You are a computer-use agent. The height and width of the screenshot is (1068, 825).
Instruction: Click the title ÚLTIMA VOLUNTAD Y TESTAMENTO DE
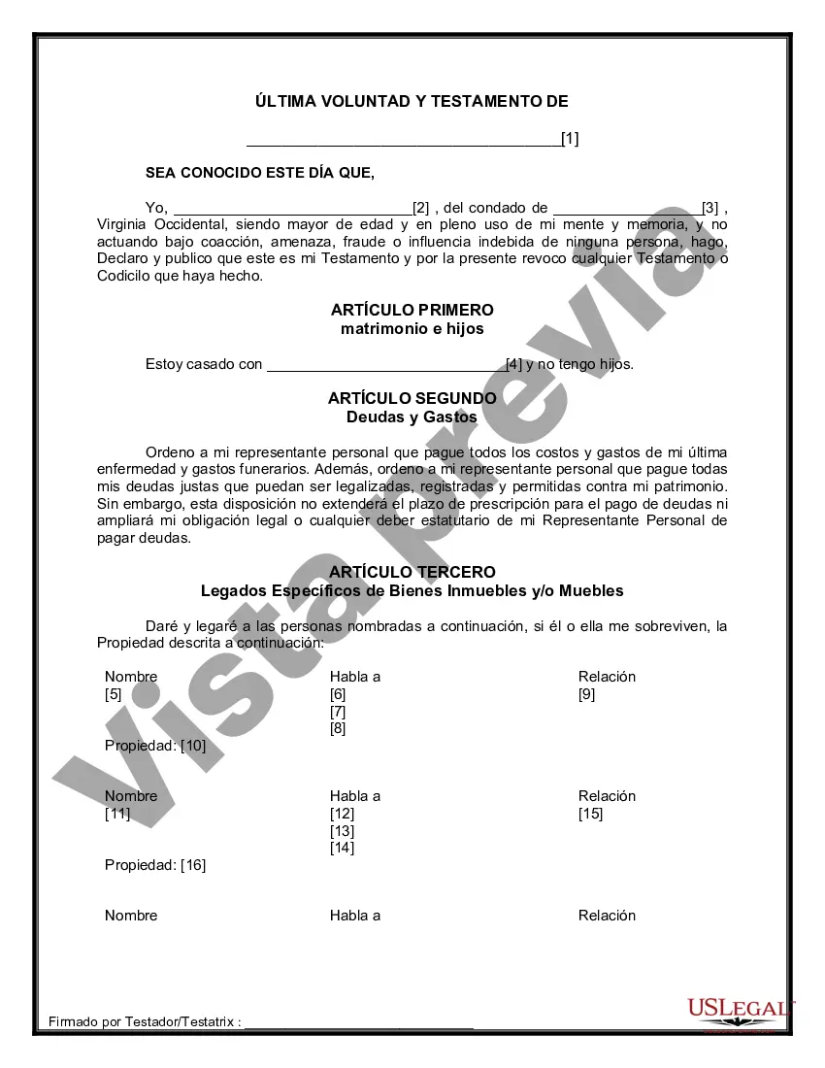pyautogui.click(x=412, y=101)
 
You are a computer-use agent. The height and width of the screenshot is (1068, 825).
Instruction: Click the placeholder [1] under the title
pyautogui.click(x=570, y=139)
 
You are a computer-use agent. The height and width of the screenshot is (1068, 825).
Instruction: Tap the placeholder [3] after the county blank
pyautogui.click(x=710, y=208)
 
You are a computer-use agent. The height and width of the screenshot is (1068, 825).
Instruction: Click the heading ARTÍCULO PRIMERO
pyautogui.click(x=412, y=310)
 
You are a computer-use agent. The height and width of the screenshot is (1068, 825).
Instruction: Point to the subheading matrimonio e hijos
pyautogui.click(x=412, y=328)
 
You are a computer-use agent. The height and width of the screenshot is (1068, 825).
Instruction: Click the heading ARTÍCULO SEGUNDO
pyautogui.click(x=412, y=398)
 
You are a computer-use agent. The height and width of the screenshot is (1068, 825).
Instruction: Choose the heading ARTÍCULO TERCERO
pyautogui.click(x=412, y=573)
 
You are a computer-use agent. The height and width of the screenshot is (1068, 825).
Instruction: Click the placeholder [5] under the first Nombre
pyautogui.click(x=114, y=694)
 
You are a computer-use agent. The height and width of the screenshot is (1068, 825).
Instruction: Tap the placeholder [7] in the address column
pyautogui.click(x=338, y=712)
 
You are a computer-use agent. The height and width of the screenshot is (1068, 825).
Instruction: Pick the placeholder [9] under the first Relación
pyautogui.click(x=587, y=694)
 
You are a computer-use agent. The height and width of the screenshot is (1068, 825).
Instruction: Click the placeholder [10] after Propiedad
pyautogui.click(x=193, y=746)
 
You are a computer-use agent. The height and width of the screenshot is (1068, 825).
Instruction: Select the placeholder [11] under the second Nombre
pyautogui.click(x=117, y=814)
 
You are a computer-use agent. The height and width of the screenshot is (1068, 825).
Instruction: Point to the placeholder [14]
pyautogui.click(x=342, y=848)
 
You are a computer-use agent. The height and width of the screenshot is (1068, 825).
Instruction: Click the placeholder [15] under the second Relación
pyautogui.click(x=590, y=814)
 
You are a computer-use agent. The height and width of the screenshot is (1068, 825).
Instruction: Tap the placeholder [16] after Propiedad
pyautogui.click(x=193, y=865)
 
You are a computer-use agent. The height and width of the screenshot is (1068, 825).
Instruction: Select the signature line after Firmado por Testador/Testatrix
pyautogui.click(x=359, y=1024)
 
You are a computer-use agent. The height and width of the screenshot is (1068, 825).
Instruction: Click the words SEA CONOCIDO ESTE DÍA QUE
pyautogui.click(x=259, y=173)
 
